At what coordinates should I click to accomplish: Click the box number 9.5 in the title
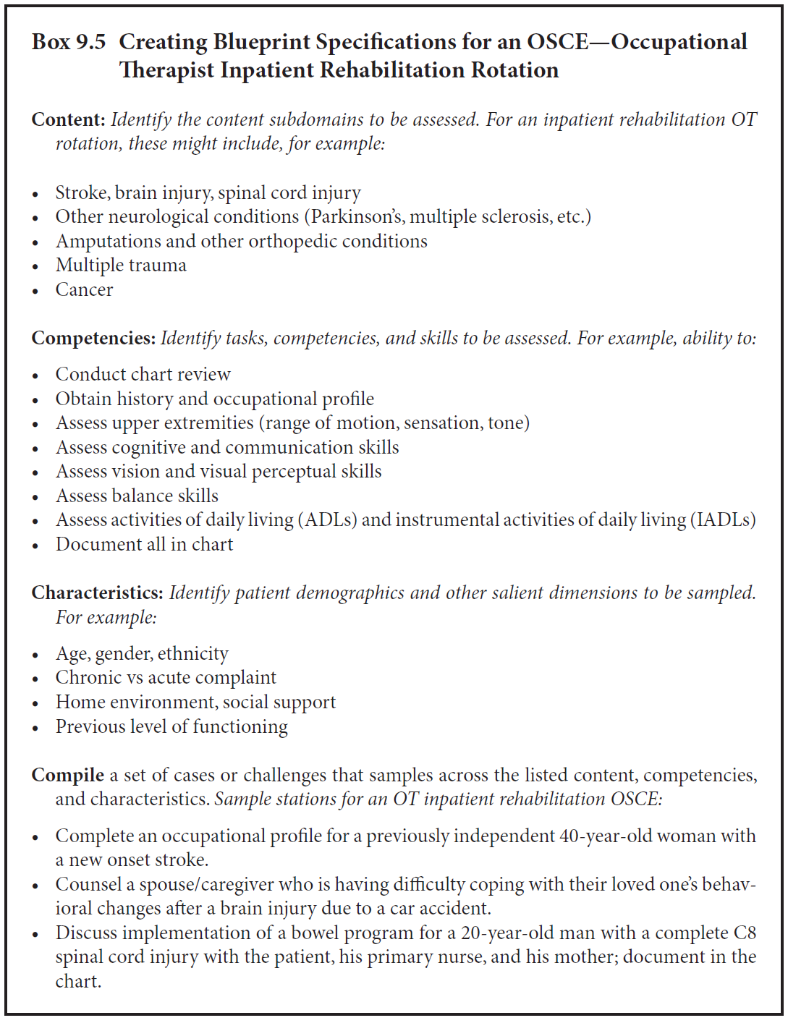(90, 42)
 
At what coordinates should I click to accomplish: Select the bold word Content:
(69, 119)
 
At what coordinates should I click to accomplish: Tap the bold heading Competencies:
(93, 338)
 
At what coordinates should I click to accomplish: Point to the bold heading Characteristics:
(98, 593)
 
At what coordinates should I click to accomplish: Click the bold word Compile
(68, 775)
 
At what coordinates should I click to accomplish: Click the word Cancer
(85, 289)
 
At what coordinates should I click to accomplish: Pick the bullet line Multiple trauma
(121, 265)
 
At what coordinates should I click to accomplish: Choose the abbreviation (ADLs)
(321, 519)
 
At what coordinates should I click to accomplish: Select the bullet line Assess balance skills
(137, 496)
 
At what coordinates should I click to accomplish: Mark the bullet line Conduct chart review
(143, 374)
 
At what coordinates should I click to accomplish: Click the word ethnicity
(193, 653)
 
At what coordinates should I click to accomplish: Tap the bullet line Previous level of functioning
(171, 726)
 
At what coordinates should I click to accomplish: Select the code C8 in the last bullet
(745, 933)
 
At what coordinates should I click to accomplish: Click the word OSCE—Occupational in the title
(637, 42)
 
